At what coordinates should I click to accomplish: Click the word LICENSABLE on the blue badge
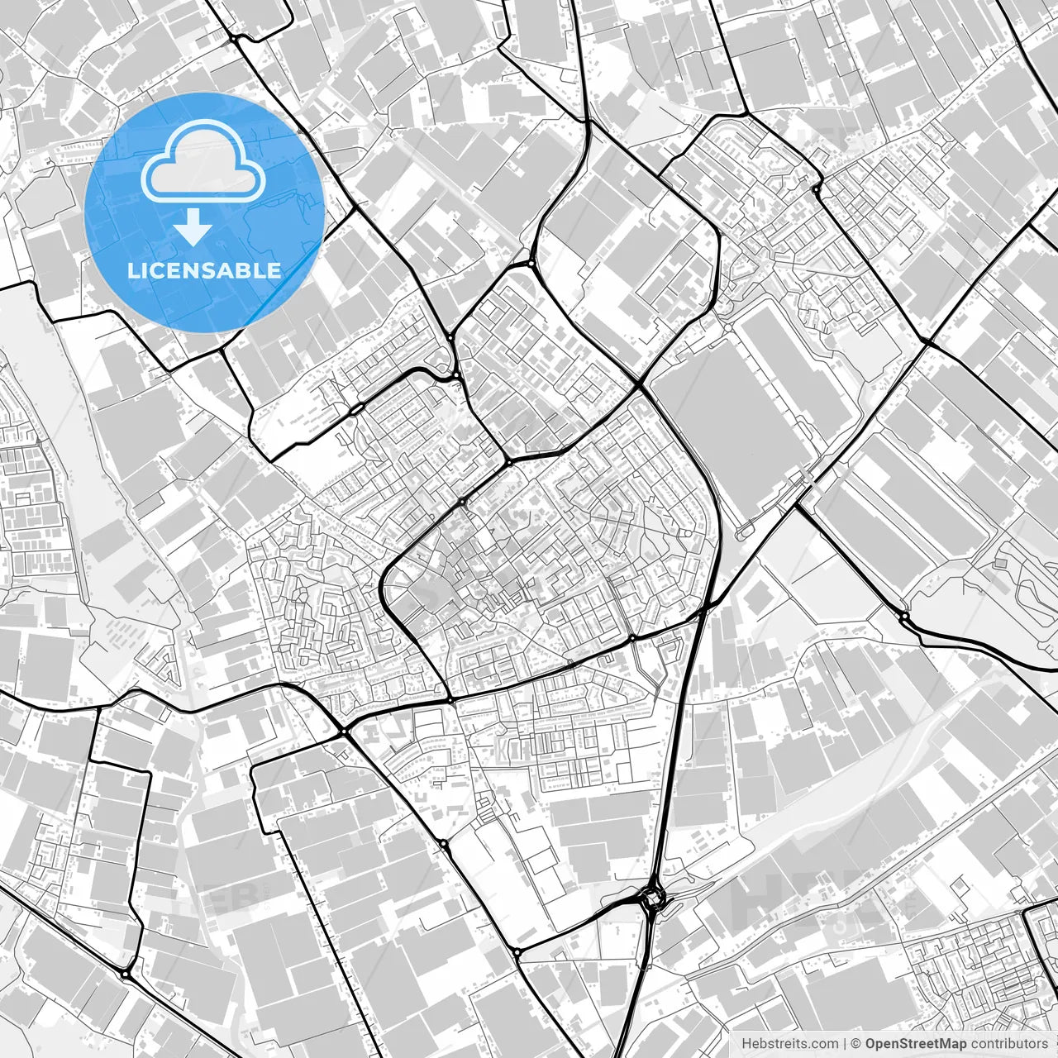(x=203, y=270)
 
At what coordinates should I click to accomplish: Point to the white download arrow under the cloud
(x=193, y=227)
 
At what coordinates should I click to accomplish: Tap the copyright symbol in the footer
(x=856, y=1044)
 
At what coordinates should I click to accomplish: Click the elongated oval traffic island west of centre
(x=357, y=409)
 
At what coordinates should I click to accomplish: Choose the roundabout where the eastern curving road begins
(x=904, y=616)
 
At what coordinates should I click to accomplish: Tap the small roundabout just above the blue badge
(x=236, y=38)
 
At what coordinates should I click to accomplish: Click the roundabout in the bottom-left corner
(x=125, y=975)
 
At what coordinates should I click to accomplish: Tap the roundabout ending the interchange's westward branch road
(x=517, y=952)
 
